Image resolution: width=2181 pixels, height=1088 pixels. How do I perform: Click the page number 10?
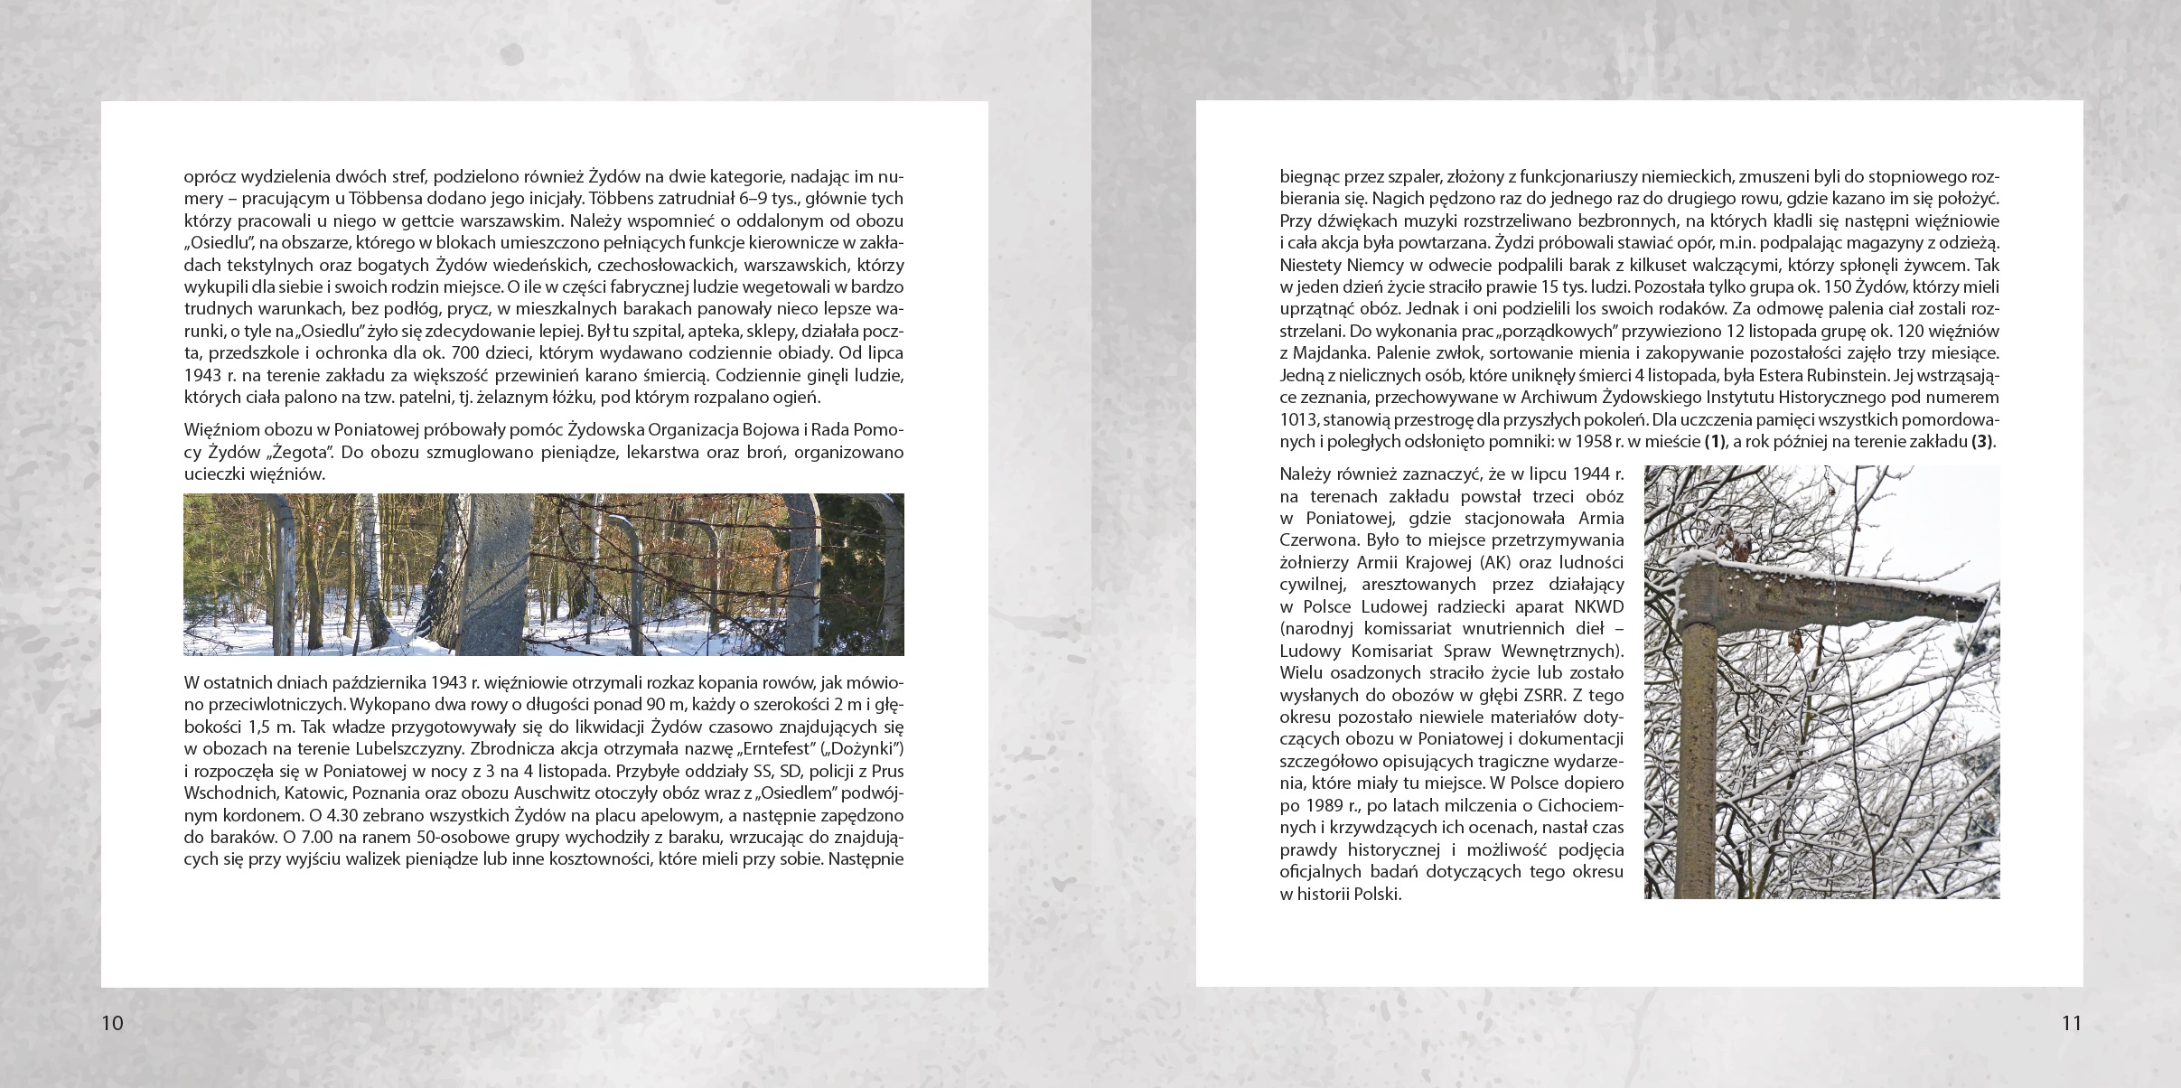coord(112,1023)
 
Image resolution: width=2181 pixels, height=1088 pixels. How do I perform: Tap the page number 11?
coord(2071,1023)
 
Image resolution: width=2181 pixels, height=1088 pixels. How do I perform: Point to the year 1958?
coord(1596,442)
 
